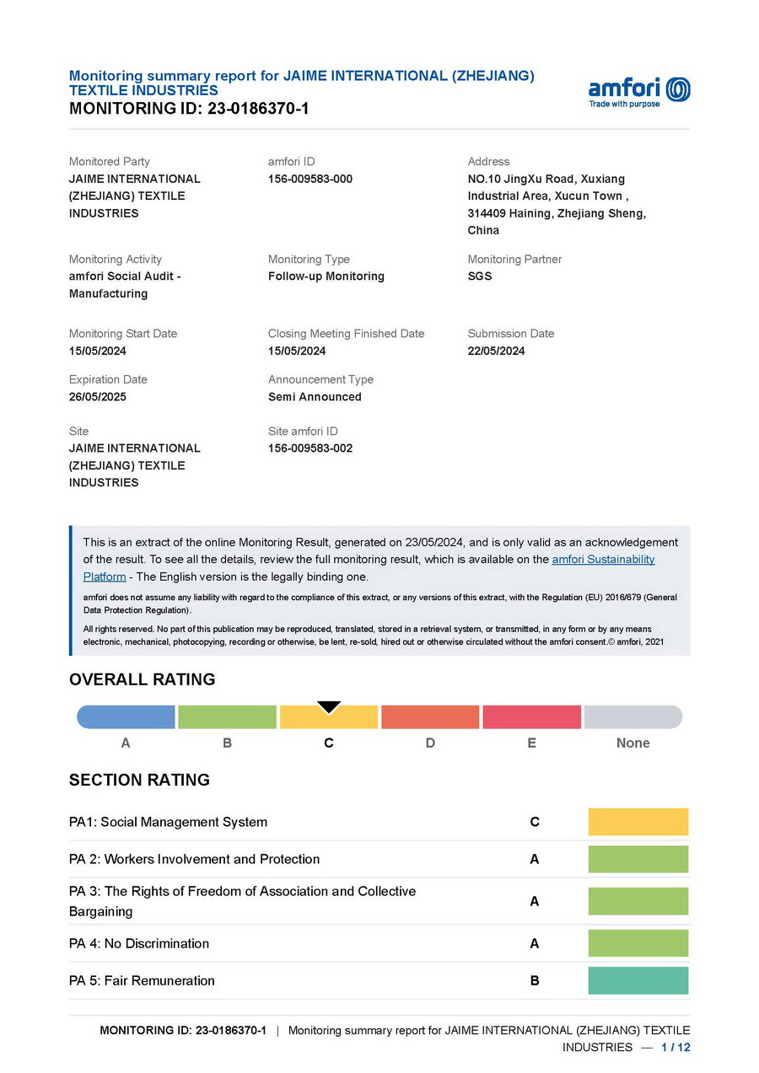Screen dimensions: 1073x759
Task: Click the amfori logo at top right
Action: click(638, 91)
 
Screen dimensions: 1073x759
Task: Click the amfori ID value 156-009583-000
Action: click(310, 179)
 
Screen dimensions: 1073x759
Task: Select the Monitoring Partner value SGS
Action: click(480, 276)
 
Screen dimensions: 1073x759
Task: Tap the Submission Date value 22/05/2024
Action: click(496, 351)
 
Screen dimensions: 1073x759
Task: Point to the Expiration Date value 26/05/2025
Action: click(98, 397)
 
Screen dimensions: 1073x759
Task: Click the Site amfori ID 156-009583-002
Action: click(310, 448)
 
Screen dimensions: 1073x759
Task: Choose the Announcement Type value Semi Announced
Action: click(315, 397)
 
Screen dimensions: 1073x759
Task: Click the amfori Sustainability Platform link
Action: click(602, 560)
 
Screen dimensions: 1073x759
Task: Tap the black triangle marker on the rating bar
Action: click(329, 707)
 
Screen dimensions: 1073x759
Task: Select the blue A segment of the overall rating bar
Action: click(126, 717)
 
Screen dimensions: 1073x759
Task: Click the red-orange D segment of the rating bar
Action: click(430, 717)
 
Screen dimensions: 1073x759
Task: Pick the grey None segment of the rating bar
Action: click(633, 717)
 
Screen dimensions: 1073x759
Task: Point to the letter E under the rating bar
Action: click(531, 743)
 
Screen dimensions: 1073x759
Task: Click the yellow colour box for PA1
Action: click(638, 822)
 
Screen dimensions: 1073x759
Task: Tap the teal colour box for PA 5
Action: click(638, 980)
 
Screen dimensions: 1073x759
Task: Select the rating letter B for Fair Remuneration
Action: click(535, 981)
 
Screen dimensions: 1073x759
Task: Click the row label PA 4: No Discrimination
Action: click(139, 943)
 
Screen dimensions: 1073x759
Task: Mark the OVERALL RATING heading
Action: click(143, 679)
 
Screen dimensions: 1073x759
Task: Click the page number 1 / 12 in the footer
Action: click(676, 1047)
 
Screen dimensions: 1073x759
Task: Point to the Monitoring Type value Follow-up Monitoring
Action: click(326, 276)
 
